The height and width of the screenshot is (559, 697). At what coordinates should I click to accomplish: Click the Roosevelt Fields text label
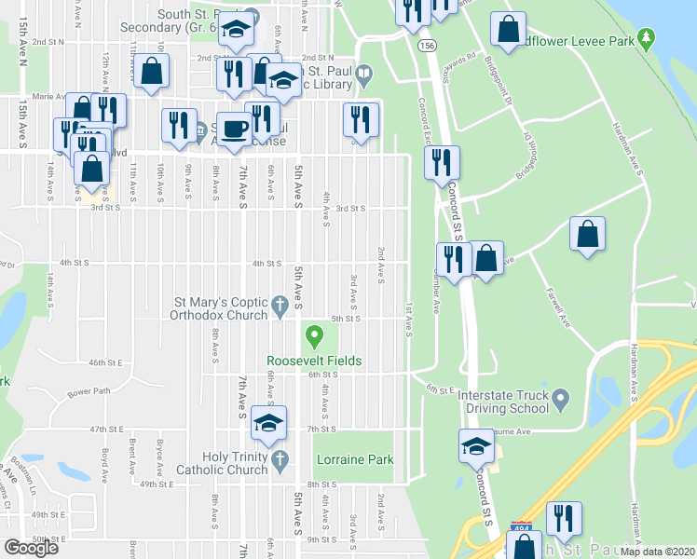(x=313, y=361)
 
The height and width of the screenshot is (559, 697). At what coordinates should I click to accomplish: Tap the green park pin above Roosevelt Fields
(x=314, y=334)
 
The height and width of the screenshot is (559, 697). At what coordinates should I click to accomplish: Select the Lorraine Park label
(x=355, y=459)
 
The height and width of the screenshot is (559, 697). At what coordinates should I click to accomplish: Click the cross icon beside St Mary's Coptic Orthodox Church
(x=279, y=305)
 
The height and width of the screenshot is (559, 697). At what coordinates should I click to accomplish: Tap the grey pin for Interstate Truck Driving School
(x=560, y=400)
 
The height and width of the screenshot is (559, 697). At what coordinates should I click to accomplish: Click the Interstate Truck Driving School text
(x=503, y=402)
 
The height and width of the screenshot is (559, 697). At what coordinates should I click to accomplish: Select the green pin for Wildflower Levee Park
(x=646, y=39)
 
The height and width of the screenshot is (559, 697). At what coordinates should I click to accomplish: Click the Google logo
(x=31, y=548)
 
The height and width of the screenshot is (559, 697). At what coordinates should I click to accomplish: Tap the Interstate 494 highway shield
(x=523, y=529)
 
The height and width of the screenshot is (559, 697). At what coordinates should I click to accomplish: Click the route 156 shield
(x=428, y=45)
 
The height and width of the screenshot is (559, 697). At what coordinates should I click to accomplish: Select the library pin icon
(x=365, y=72)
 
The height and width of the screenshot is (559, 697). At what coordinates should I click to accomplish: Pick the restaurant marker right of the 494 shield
(x=564, y=517)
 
